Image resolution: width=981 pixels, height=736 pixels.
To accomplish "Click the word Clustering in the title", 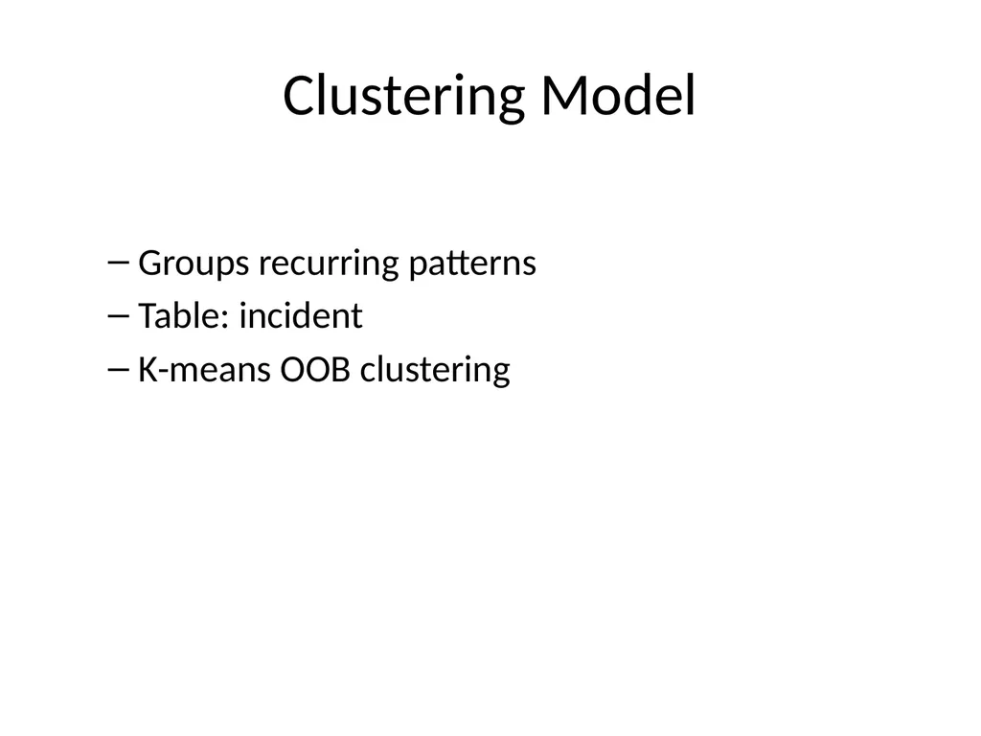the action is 403,97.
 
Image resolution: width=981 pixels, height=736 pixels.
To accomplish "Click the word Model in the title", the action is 618,95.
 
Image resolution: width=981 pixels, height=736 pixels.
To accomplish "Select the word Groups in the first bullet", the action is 194,264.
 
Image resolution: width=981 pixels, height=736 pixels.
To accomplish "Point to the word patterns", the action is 472,264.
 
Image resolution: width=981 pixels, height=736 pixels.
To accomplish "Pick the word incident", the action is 301,315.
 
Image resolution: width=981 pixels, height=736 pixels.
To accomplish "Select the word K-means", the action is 204,369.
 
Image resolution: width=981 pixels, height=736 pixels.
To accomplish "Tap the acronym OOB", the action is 315,369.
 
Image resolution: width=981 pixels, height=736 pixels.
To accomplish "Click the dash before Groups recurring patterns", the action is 118,263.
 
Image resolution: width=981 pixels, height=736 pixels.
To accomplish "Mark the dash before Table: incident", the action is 118,315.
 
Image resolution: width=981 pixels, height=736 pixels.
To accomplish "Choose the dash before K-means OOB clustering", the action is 118,369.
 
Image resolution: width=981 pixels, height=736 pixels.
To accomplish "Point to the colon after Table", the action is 225,318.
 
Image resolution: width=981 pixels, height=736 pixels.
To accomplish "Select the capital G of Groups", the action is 149,263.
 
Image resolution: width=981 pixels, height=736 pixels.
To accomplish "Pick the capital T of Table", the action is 148,316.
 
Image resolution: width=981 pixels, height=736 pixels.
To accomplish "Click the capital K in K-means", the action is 148,369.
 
